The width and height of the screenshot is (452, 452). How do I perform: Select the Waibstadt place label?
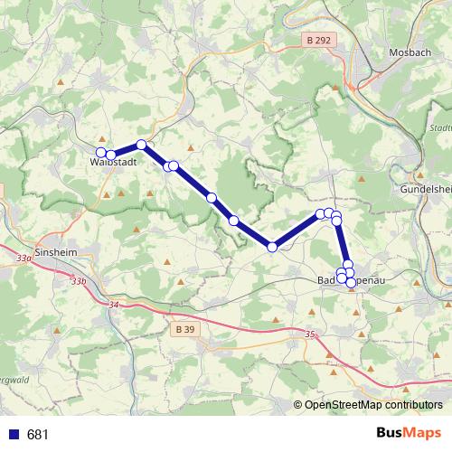coord(113,164)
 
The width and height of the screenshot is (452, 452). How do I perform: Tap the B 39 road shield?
coord(184,331)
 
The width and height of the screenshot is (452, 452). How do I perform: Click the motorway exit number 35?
coord(311,334)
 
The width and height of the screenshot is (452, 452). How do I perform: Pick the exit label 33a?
coord(24,258)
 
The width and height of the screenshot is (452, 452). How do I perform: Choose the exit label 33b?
coord(79,281)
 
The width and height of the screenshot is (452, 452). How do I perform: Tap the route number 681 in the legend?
coord(37,435)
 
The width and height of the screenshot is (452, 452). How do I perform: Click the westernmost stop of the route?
coord(101,152)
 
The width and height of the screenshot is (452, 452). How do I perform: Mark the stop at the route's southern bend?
coord(272,247)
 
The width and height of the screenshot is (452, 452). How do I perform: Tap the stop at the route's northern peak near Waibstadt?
coord(141,145)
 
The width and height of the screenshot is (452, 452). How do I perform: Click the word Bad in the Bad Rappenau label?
coord(327,281)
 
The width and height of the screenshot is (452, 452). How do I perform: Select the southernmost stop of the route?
coord(351,283)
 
